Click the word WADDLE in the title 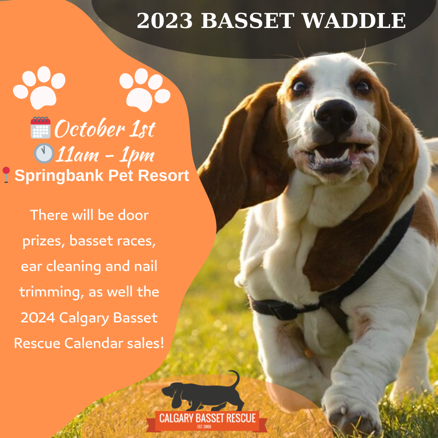354,20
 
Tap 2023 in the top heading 165,20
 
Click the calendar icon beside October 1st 41,128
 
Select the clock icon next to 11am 44,153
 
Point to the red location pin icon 6,175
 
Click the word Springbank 59,176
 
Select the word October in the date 89,129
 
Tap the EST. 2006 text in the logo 204,427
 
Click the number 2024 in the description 37,318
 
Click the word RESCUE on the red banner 241,418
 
